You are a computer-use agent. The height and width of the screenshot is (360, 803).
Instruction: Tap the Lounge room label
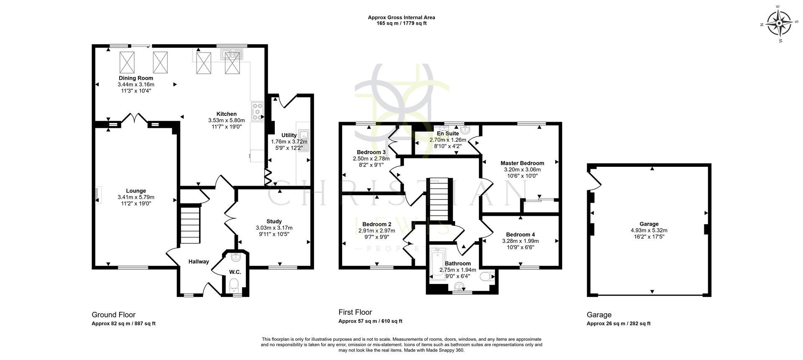[x=136, y=191]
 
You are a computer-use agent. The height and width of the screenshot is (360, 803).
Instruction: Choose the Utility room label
[x=289, y=135]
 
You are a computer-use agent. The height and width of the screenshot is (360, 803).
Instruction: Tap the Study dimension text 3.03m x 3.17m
[x=274, y=228]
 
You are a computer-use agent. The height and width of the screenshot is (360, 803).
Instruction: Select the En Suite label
[x=448, y=134]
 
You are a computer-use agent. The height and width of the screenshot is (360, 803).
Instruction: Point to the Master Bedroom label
[x=522, y=163]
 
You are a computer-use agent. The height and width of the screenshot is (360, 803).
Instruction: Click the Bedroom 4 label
[x=520, y=235]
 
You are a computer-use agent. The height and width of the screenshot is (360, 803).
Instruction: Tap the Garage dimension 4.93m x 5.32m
[x=649, y=230]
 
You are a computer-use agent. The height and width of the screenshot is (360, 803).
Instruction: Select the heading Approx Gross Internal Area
[x=401, y=18]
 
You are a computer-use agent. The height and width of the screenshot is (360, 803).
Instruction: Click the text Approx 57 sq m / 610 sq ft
[x=370, y=321]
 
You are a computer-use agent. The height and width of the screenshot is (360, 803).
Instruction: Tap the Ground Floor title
[x=113, y=315]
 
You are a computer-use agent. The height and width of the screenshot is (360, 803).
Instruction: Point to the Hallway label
[x=198, y=262]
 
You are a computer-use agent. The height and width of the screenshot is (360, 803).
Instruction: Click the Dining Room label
[x=136, y=78]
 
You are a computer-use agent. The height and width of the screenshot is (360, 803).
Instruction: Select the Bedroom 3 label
[x=371, y=152]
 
